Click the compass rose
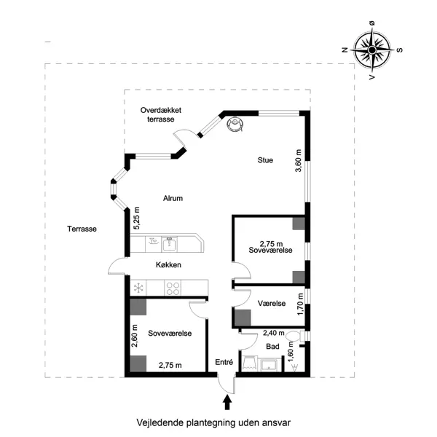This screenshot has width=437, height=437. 371,50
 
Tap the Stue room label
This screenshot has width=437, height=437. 264,160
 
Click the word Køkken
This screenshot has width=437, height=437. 168,265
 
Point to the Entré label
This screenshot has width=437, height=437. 224,362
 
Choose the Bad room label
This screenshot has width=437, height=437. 273,346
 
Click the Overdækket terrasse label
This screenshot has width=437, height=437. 161,114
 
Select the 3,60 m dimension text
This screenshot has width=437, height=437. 298,160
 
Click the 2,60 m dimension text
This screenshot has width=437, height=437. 135,339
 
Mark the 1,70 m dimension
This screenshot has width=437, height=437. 301,303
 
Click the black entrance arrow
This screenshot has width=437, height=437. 227,400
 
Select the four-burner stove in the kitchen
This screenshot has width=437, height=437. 173,287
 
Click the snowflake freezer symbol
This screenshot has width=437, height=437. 136,287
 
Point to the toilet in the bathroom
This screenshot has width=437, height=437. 294,336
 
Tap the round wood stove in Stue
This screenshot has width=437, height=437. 235,125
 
